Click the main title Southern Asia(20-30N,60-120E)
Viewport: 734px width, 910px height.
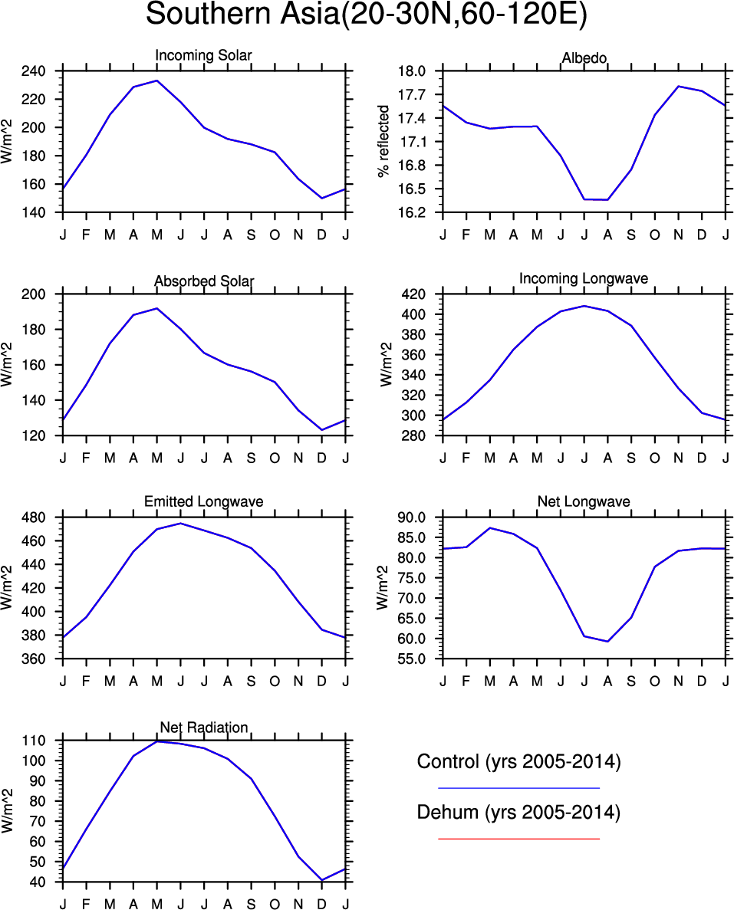[x=367, y=15]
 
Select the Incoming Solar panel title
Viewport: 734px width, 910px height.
[x=203, y=55]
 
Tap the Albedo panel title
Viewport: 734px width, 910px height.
[x=584, y=58]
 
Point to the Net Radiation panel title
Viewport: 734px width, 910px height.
[x=203, y=727]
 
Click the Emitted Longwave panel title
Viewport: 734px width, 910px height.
[x=203, y=501]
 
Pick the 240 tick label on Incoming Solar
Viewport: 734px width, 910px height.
[x=43, y=71]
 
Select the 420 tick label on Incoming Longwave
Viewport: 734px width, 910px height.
[x=423, y=294]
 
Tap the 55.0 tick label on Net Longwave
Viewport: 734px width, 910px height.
[x=419, y=659]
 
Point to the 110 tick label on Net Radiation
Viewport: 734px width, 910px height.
[x=43, y=741]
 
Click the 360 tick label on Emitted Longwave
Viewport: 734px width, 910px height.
[x=43, y=659]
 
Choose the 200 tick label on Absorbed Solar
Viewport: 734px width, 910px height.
[x=43, y=294]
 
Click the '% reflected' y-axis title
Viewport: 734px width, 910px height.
[x=384, y=142]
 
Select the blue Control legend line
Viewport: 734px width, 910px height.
[x=518, y=787]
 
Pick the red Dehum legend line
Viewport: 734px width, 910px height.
[x=518, y=839]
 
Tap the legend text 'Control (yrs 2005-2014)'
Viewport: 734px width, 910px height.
[x=518, y=762]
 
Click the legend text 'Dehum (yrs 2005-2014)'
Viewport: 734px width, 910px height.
[x=518, y=813]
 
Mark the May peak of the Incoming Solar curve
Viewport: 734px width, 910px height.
[x=157, y=80]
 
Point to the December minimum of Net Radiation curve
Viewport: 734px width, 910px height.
[x=322, y=880]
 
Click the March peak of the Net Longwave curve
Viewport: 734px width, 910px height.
[x=490, y=527]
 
